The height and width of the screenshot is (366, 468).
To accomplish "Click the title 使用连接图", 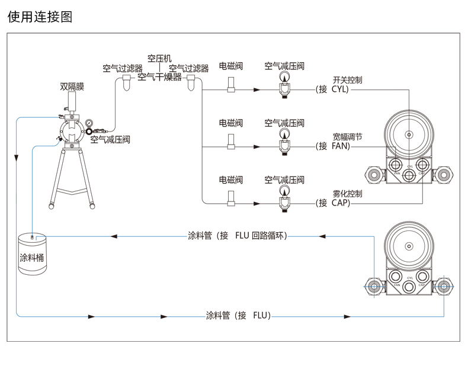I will click(40, 17).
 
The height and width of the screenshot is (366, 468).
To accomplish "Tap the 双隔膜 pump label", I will click(72, 86).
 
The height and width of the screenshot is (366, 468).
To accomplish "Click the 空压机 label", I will click(159, 58).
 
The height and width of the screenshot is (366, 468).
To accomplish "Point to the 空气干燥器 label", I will click(159, 77).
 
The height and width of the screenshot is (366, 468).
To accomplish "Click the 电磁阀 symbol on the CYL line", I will click(231, 89).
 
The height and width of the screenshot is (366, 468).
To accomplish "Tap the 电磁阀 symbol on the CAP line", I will click(231, 201).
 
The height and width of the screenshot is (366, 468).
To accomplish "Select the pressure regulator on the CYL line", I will click(284, 88).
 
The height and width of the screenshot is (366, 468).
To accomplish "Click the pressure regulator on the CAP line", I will click(284, 200).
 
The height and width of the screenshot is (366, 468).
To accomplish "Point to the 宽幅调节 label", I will click(347, 137).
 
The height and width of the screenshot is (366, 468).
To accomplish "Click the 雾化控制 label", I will click(347, 194).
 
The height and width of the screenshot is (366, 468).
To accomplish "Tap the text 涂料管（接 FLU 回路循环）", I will click(238, 236).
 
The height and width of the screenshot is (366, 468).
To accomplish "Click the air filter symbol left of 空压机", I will click(126, 86).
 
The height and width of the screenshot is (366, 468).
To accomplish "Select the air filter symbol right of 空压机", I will click(191, 86).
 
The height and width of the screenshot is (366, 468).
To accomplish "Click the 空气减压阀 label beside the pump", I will click(110, 140).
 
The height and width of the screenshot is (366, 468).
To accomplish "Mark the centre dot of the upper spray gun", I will click(409, 134).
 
